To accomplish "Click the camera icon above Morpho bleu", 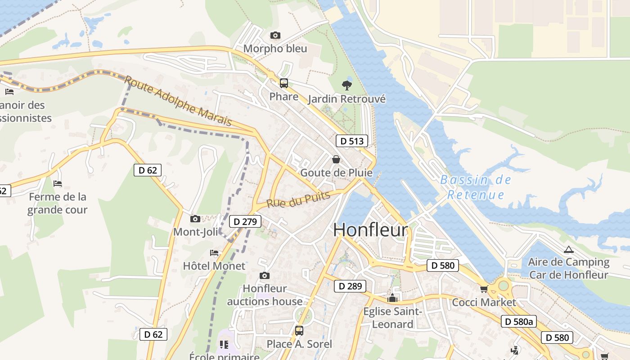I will tap(275, 35).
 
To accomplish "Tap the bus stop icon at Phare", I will tap(284, 83).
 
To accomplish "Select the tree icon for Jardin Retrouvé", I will tap(346, 85).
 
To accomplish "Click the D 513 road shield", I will tap(352, 141).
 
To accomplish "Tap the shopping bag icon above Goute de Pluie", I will tap(336, 159).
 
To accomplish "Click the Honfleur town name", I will tap(370, 230).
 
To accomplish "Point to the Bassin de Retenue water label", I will tap(476, 187).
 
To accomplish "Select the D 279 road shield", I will tap(245, 221).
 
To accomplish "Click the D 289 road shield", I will tap(350, 286).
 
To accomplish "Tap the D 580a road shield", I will tap(519, 321).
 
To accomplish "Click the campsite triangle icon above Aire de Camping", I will tap(569, 249).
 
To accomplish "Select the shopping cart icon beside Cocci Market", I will tap(484, 289).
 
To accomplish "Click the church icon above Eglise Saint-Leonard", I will tap(392, 298).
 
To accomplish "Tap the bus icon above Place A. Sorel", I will tap(299, 331).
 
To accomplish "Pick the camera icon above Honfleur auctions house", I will tap(265, 275).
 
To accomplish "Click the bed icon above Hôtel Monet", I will tap(214, 253).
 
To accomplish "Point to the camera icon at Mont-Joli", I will tap(195, 219).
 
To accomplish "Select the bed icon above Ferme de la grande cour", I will tap(58, 184).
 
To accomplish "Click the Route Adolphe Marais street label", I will tap(178, 101).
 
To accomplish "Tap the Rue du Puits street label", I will tap(298, 199).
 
